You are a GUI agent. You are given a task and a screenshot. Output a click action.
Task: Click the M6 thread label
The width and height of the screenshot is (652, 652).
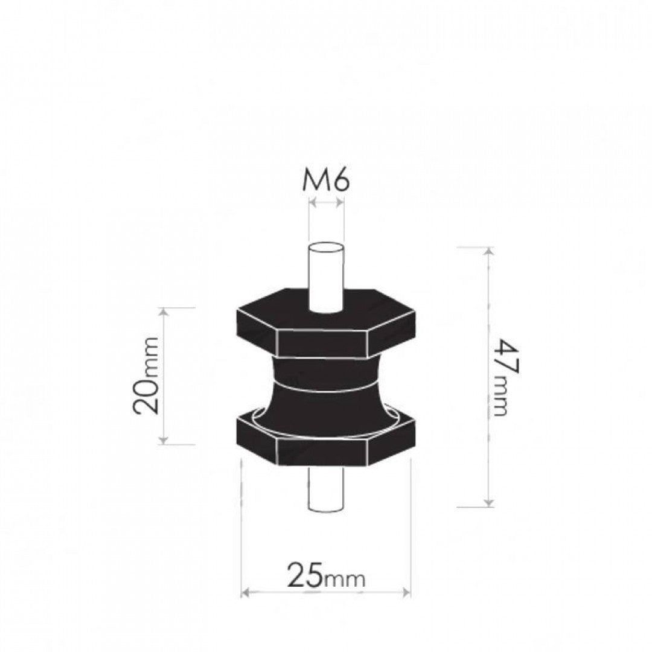click(x=325, y=180)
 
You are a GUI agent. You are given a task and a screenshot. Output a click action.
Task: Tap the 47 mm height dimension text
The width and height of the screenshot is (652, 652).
click(x=503, y=377)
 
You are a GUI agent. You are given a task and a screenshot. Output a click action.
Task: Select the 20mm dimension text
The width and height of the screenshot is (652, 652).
click(x=147, y=376)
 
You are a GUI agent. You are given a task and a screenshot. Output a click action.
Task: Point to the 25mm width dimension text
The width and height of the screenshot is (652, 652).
click(x=326, y=576)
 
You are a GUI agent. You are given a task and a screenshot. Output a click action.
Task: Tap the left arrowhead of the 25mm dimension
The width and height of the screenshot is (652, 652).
click(x=245, y=592)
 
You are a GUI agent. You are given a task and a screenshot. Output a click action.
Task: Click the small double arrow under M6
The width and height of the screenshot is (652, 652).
click(x=326, y=203)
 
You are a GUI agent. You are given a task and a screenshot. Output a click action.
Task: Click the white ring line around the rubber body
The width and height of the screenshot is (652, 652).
click(x=326, y=387)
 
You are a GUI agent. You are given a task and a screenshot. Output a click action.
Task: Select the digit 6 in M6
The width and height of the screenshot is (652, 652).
click(x=339, y=180)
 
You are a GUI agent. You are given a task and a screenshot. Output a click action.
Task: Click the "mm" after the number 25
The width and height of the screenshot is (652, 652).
click(x=346, y=580)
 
